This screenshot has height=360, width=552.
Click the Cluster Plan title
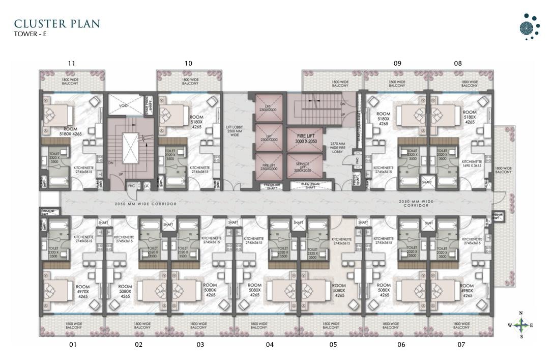(x=57, y=24)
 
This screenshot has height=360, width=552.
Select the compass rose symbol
(x=520, y=325)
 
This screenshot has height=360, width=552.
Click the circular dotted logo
(x=530, y=27)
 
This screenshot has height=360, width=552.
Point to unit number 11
(x=71, y=64)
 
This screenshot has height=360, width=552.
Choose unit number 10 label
(x=188, y=64)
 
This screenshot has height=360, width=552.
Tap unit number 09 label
(x=397, y=64)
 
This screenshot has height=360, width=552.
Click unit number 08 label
(x=458, y=64)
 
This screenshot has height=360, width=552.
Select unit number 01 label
(x=73, y=345)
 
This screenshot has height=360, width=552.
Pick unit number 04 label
(x=270, y=345)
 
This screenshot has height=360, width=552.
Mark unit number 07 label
(x=461, y=345)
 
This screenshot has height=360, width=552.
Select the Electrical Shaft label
(x=310, y=185)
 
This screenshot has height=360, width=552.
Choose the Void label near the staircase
(x=123, y=105)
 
